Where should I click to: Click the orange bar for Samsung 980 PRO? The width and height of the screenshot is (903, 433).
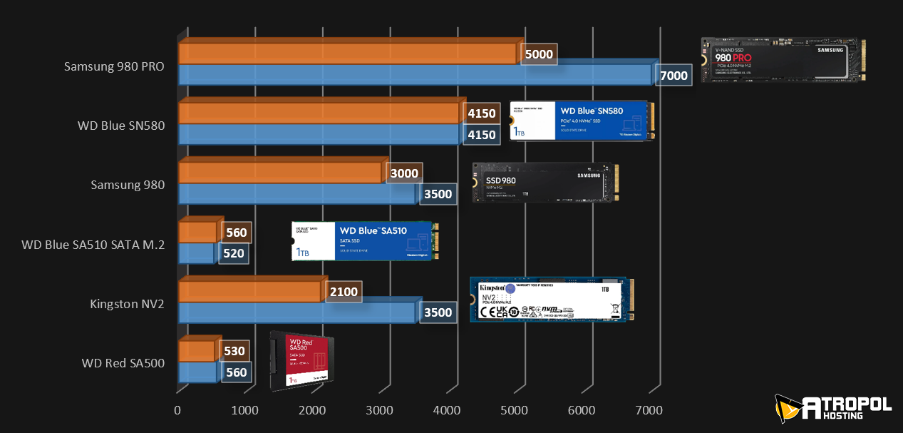pos(349,53)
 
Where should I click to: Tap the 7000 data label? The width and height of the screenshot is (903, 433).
pos(674,76)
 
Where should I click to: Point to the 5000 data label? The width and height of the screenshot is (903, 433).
pos(538,54)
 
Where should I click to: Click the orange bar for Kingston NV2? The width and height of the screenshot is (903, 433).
pos(249,291)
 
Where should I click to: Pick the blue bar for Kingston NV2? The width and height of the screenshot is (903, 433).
pos(296,312)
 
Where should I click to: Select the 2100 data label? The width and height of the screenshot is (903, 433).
pos(344,291)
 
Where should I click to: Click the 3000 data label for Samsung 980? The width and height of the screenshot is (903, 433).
pos(404,173)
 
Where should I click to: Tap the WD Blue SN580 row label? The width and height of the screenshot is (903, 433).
pos(121,126)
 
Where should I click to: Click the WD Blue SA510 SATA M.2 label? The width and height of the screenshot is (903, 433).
pos(93,245)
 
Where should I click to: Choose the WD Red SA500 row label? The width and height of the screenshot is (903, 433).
pos(123,363)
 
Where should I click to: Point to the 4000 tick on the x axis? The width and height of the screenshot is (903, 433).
pos(447,410)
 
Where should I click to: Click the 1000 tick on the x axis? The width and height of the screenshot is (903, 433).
pos(245,410)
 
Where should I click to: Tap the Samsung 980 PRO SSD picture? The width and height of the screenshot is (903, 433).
pos(783,60)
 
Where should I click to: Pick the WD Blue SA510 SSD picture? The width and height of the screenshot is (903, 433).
pos(365,240)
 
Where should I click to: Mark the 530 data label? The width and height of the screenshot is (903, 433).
pos(234,351)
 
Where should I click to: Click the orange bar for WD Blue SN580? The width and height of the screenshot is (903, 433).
pos(319,113)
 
